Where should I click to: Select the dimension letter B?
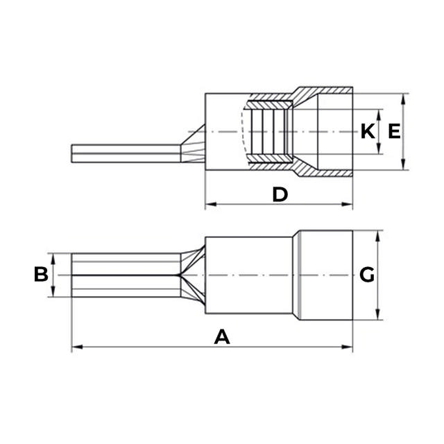click(41, 275)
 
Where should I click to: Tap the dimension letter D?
click(280, 194)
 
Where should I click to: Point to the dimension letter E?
click(394, 131)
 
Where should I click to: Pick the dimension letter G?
click(367, 275)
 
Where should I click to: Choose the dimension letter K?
click(367, 131)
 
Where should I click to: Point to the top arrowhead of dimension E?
click(404, 97)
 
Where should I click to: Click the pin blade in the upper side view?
click(125, 153)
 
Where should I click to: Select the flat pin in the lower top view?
click(125, 275)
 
